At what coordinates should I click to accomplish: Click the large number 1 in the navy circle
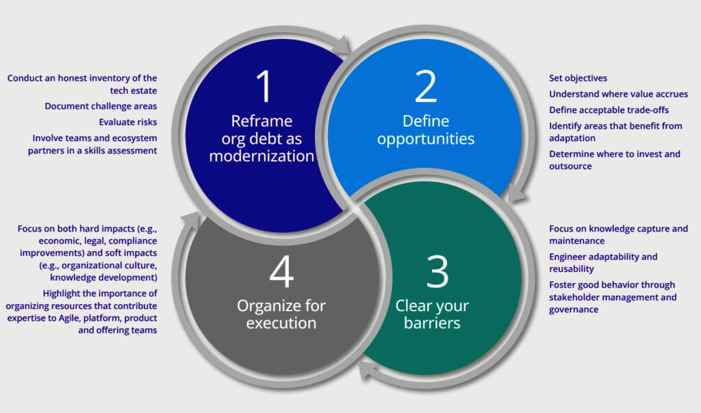tap(264, 86)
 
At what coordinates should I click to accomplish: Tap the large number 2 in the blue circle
tap(426, 86)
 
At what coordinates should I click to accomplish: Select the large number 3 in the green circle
tap(437, 272)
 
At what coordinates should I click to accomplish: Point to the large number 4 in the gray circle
tap(281, 272)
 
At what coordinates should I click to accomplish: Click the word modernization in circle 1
tap(262, 155)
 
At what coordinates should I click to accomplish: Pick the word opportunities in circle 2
tap(426, 139)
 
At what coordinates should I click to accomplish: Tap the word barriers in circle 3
tap(432, 323)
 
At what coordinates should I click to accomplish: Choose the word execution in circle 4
tap(281, 323)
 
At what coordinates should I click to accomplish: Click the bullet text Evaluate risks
tap(128, 122)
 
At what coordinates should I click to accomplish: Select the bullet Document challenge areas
tap(101, 106)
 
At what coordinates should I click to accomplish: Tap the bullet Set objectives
tap(578, 78)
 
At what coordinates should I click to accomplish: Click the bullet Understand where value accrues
tap(618, 94)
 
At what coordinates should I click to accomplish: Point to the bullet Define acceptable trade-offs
tap(609, 110)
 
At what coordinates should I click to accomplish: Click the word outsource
tap(570, 166)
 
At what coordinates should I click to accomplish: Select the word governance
tap(574, 310)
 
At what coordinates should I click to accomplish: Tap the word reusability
tap(572, 269)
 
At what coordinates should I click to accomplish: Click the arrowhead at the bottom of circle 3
tap(368, 371)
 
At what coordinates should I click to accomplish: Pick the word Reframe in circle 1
tap(262, 121)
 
